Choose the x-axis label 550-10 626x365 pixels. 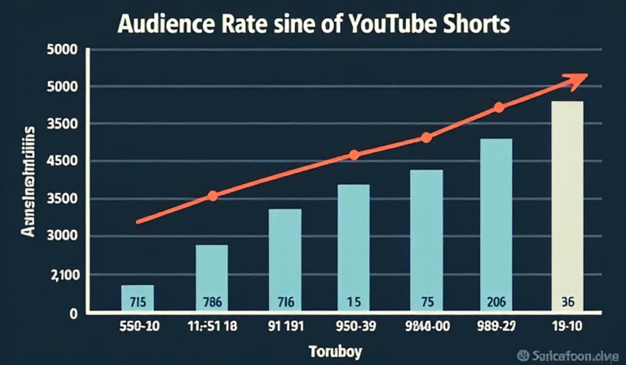pos(136,328)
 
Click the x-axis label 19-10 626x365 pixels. pos(567,328)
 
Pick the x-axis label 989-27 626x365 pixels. pos(496,328)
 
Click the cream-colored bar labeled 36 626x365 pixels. pos(567,204)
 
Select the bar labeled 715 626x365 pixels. pos(137,298)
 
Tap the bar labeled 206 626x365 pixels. pos(496,224)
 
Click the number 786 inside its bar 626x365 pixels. pos(211,301)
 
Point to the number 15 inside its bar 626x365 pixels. pos(353,301)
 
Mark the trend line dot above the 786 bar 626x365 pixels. pos(213,196)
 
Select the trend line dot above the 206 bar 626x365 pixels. pos(499,108)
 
